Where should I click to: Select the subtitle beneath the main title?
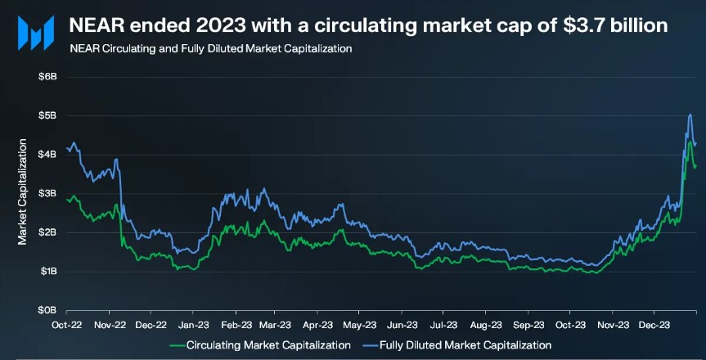point(211,49)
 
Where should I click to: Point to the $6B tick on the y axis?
point(47,76)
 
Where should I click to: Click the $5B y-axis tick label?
point(47,115)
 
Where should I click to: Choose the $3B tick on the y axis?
point(47,193)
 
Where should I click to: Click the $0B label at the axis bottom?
point(47,311)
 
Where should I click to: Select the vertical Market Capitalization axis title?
point(24,193)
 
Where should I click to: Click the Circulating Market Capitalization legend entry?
point(259,345)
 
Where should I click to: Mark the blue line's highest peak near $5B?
point(690,115)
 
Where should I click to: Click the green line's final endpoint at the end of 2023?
point(695,166)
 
